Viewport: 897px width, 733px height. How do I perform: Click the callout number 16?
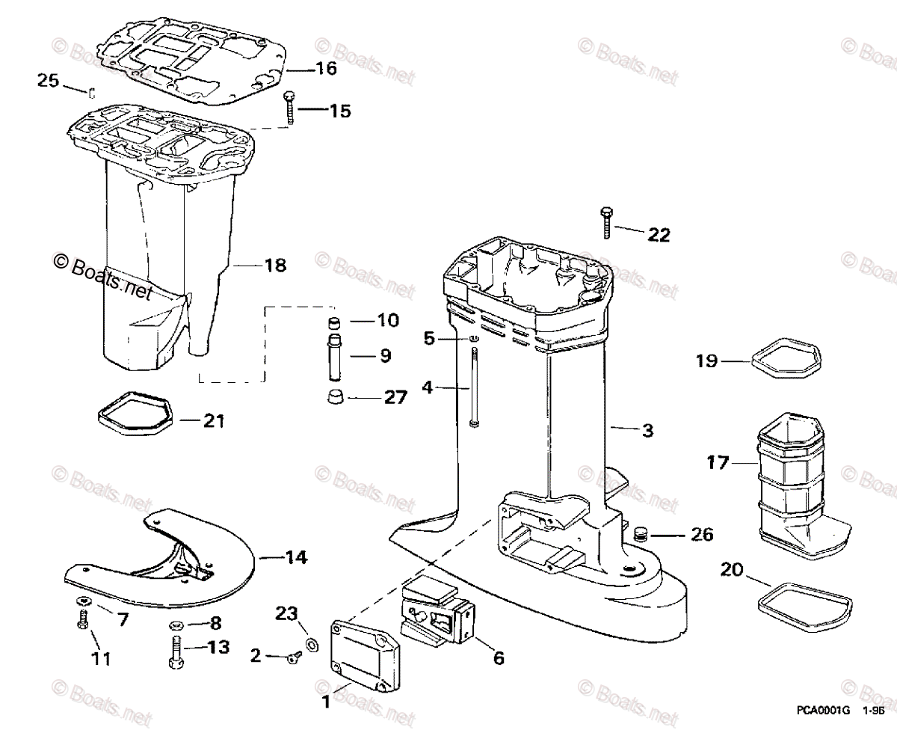tap(326, 69)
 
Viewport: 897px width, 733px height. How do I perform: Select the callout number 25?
tap(48, 80)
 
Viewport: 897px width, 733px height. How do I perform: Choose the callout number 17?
tap(718, 464)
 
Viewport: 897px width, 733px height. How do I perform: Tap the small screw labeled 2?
tap(291, 657)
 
